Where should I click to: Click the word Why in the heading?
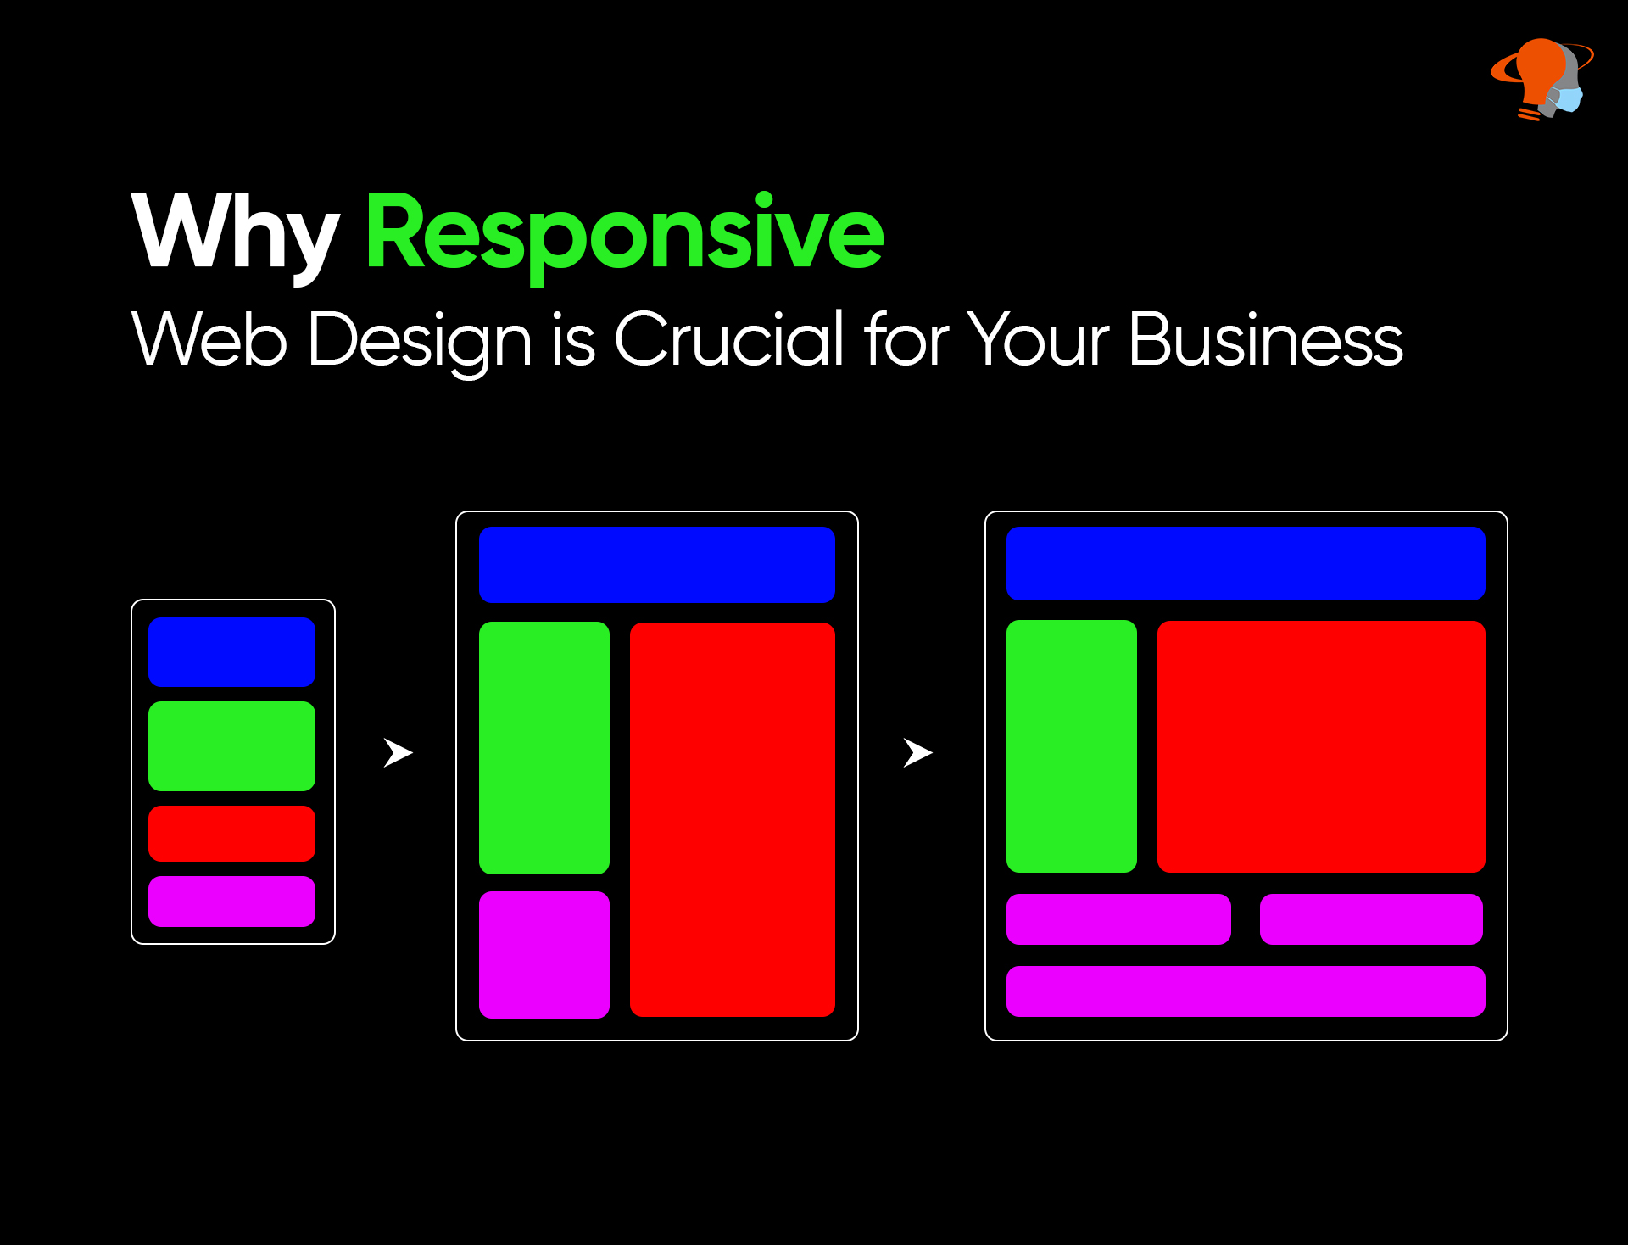(235, 234)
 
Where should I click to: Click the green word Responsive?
(625, 236)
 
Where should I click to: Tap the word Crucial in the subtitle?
(729, 339)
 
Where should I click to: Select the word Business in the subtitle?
(1266, 339)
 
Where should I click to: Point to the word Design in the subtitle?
(420, 343)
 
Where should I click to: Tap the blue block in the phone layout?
(231, 651)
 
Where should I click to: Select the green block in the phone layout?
(231, 746)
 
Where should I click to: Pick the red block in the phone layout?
(231, 834)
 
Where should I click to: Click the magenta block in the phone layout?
(231, 902)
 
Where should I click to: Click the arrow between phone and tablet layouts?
(397, 752)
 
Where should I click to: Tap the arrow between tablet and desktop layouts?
(917, 752)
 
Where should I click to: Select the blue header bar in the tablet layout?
(657, 565)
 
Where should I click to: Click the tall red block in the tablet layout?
(733, 819)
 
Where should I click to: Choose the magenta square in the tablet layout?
(544, 955)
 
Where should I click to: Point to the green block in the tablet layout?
(544, 748)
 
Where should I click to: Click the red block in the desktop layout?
(1321, 746)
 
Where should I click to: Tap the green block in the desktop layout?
(1072, 746)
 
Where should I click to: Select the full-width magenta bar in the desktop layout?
(1246, 991)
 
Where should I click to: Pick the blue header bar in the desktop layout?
(1246, 563)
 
